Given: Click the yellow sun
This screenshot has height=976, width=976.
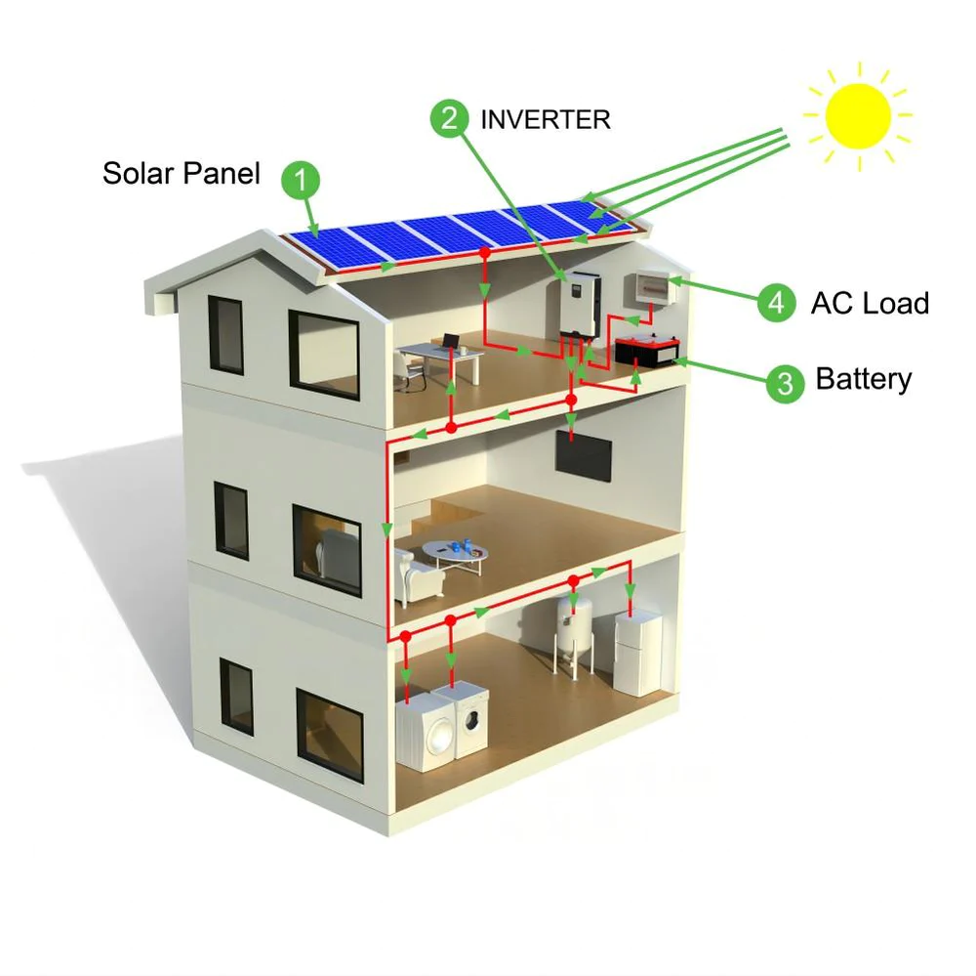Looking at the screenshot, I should (x=858, y=115).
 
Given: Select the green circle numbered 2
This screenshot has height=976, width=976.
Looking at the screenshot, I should (x=450, y=118).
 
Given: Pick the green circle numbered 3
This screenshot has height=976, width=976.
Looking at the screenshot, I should (x=785, y=382).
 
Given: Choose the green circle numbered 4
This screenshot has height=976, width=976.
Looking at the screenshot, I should (x=776, y=303).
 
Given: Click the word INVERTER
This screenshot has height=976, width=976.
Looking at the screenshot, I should (x=545, y=119).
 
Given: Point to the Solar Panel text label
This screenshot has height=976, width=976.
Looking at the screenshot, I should (x=182, y=174).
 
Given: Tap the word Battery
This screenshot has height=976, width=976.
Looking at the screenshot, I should (x=863, y=379).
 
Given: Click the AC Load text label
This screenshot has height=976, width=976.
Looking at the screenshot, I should (x=869, y=303).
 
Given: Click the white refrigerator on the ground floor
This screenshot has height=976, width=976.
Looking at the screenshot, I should (x=637, y=653).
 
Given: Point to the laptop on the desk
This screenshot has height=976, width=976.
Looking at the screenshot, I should (x=450, y=342).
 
